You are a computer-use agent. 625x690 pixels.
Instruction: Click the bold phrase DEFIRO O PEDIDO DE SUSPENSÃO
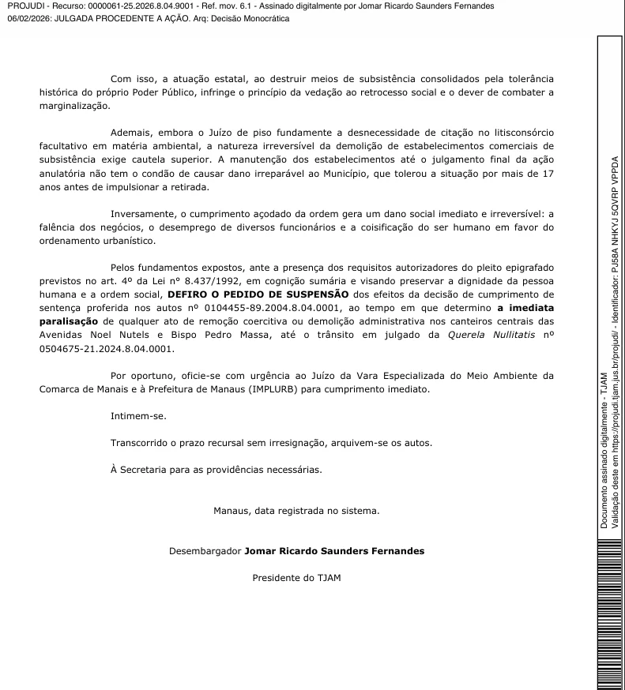(258, 294)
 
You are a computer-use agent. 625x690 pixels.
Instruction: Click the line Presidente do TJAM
(296, 577)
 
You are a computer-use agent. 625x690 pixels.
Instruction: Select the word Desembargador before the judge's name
(205, 550)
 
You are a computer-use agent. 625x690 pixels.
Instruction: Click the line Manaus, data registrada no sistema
(296, 510)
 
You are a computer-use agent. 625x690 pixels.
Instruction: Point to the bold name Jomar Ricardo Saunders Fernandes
(334, 550)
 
